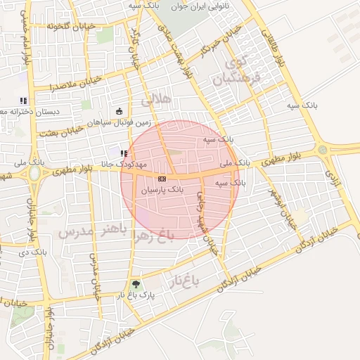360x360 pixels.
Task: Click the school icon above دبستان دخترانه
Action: pos(23,100)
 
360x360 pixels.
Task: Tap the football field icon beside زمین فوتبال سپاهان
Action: pos(119,111)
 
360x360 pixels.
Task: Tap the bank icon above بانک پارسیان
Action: pos(162,179)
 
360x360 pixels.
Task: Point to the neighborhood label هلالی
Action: pos(156,100)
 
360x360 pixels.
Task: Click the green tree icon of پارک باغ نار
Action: pos(135,285)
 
